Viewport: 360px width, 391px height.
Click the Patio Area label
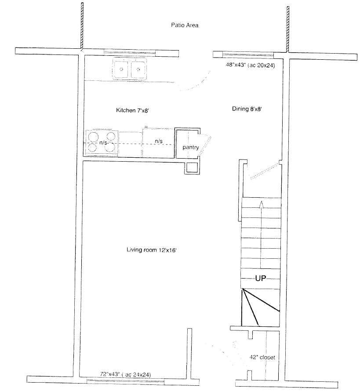click(x=185, y=25)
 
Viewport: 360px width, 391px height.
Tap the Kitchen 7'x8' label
click(x=132, y=110)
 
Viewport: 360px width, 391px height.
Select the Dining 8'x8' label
click(x=247, y=109)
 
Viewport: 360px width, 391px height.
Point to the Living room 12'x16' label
click(x=152, y=250)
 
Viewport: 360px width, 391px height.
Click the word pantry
click(x=191, y=147)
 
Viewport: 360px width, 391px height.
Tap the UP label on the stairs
click(x=261, y=278)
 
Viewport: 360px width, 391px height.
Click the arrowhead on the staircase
click(x=261, y=204)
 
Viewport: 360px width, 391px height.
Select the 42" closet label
click(x=262, y=357)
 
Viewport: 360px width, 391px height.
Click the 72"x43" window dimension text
click(x=125, y=374)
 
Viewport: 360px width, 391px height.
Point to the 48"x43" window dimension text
click(x=250, y=65)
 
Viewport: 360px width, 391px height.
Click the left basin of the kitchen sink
click(x=122, y=69)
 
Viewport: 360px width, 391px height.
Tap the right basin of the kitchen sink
click(x=138, y=69)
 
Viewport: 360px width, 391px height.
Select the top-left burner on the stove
click(x=94, y=137)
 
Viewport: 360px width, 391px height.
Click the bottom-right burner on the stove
click(x=110, y=147)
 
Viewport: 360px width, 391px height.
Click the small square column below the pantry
click(x=192, y=168)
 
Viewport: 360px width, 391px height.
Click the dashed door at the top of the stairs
click(x=265, y=171)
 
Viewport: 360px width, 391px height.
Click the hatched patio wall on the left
click(x=82, y=25)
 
